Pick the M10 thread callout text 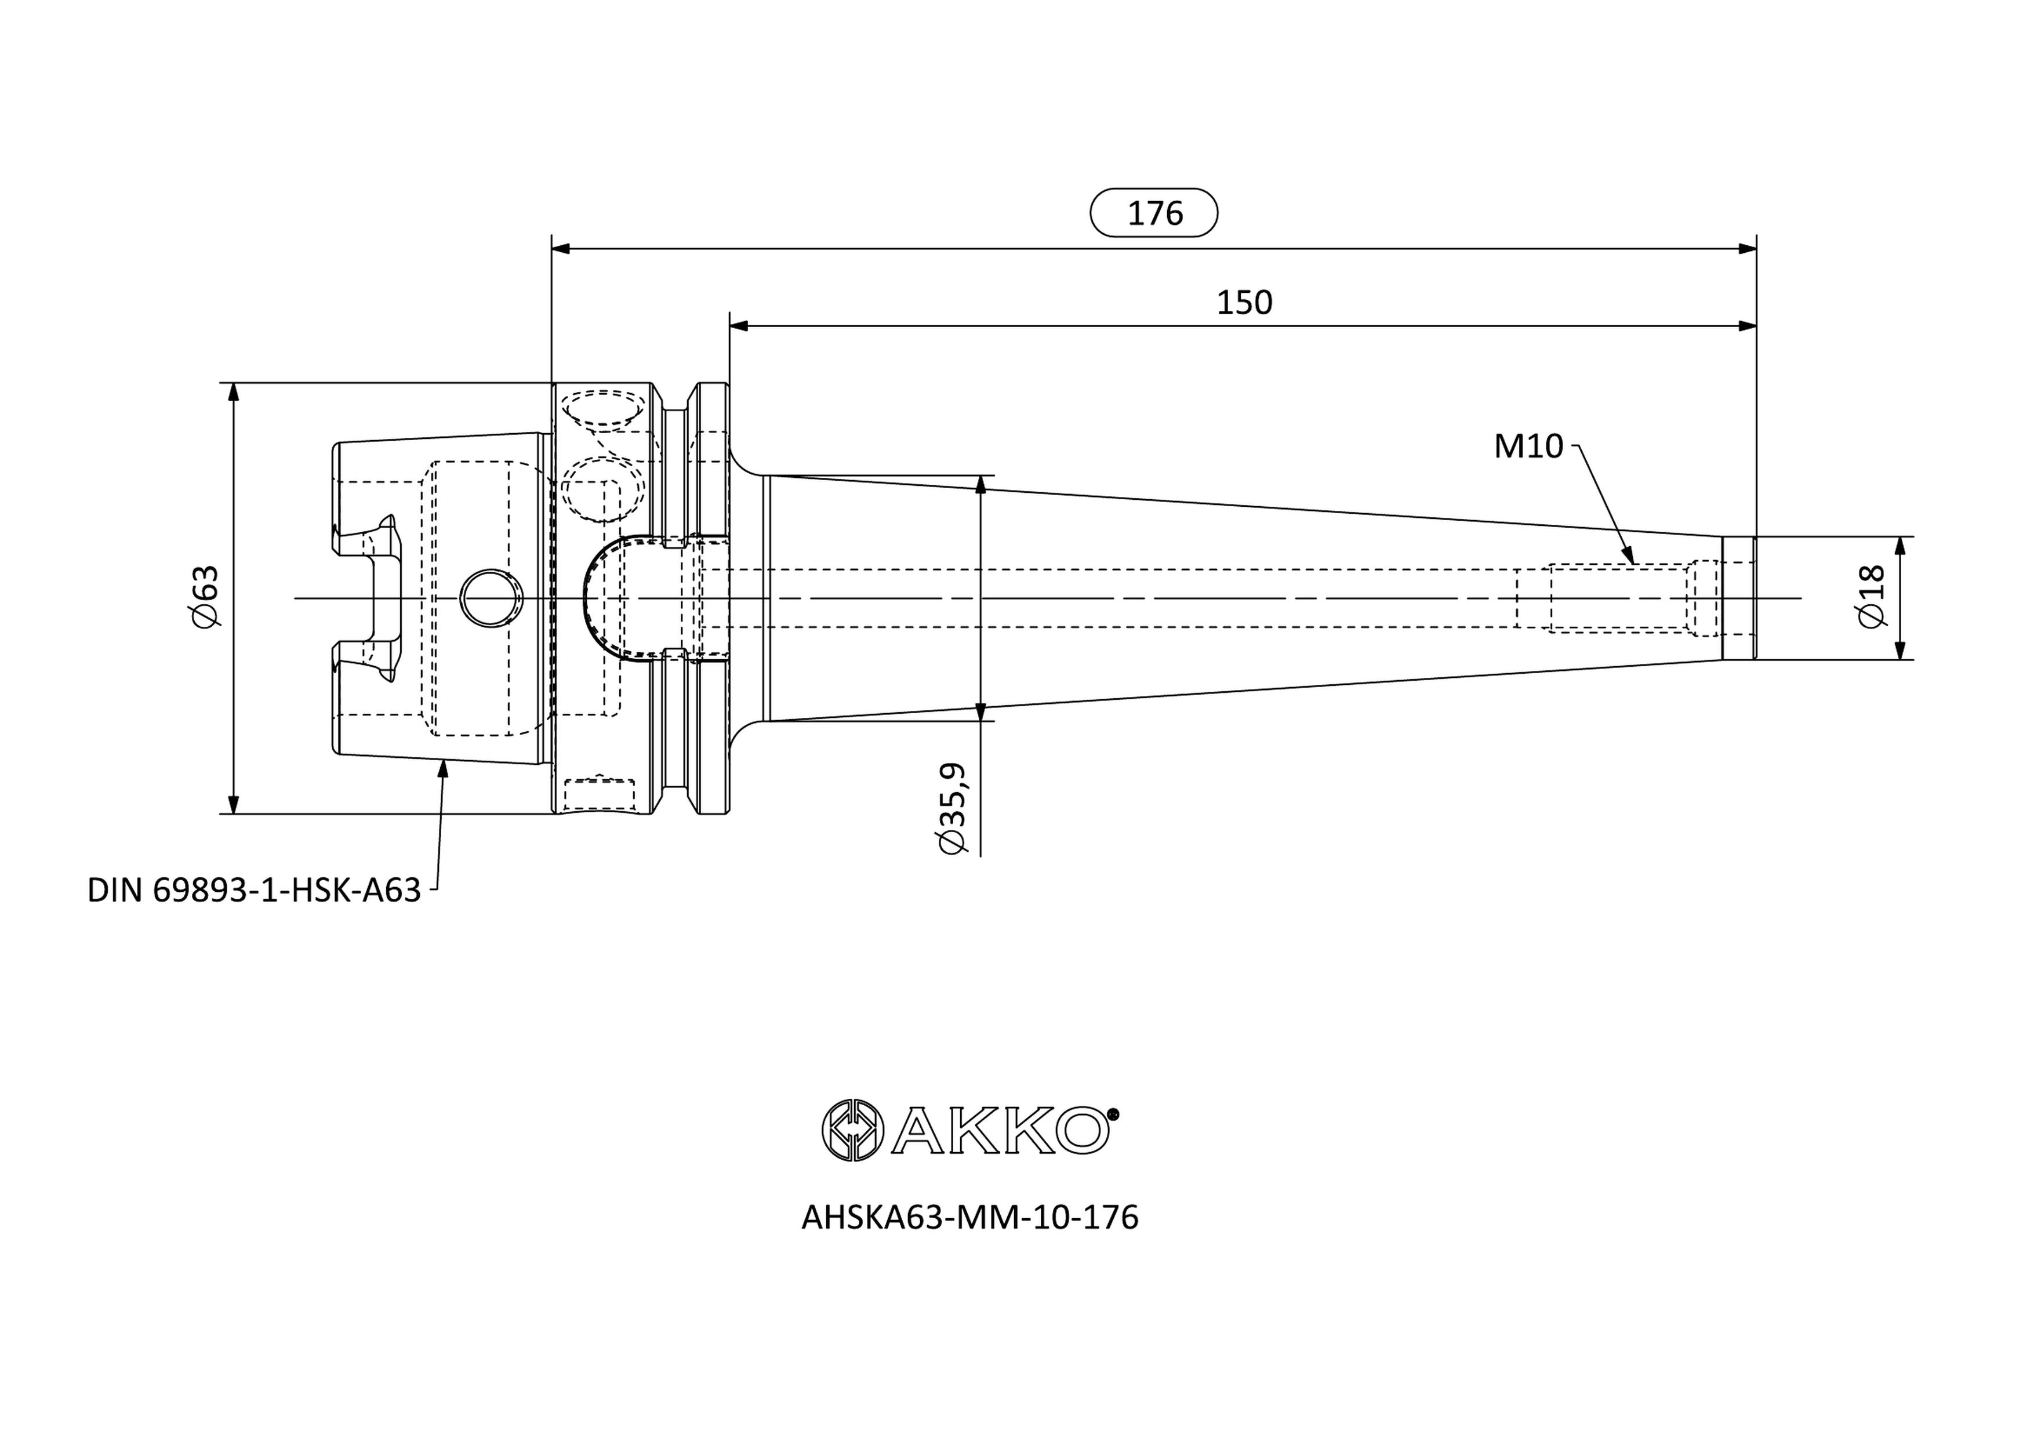(1528, 446)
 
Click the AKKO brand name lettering (999, 1130)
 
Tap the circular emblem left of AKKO (852, 1130)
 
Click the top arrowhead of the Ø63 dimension (234, 391)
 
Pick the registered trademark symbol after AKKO (1114, 1114)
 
